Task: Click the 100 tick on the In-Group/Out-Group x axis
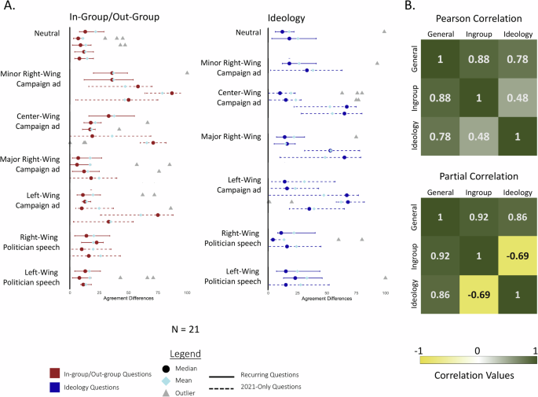pos(186,292)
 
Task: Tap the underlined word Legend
pos(185,354)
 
